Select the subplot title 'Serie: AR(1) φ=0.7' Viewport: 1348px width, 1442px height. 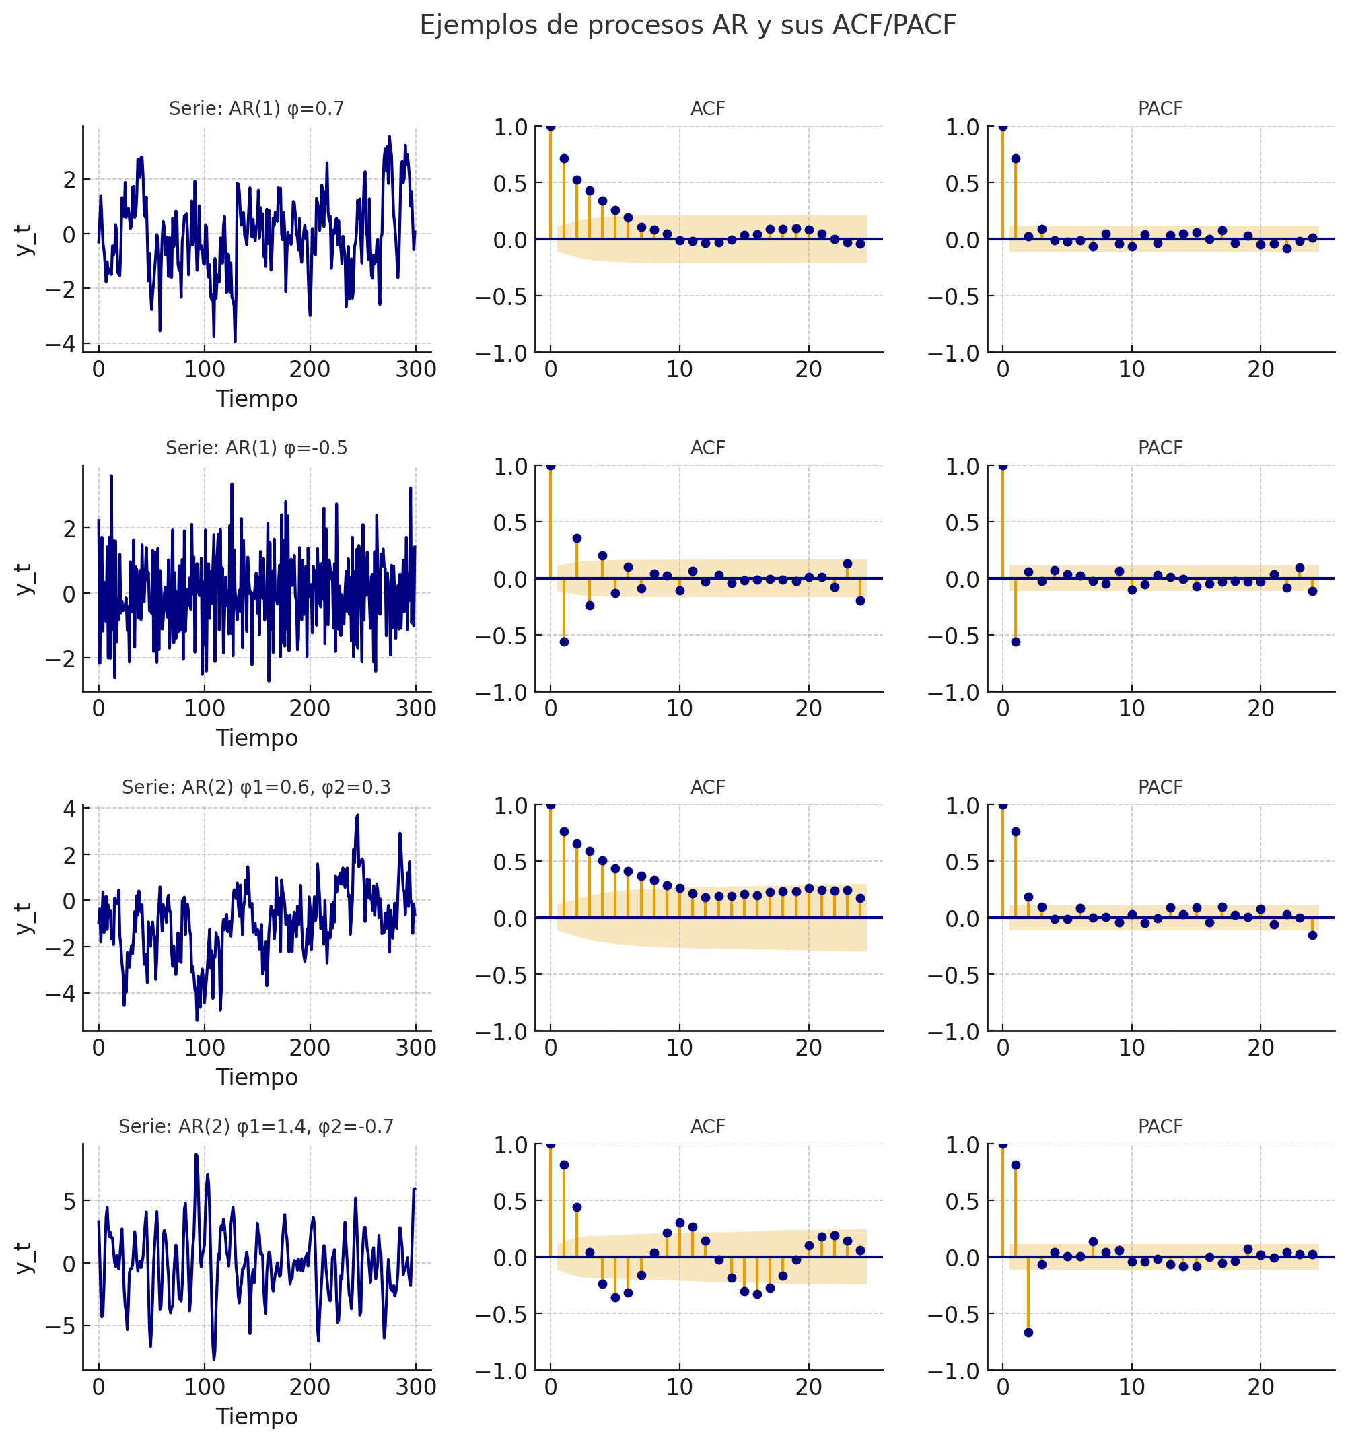[256, 109]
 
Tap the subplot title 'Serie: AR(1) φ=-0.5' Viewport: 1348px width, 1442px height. [256, 448]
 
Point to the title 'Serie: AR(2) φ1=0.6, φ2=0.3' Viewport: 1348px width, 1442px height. [256, 787]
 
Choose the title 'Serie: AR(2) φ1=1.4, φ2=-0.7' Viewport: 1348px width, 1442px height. [256, 1126]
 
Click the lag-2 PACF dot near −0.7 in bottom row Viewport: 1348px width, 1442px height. [1028, 1332]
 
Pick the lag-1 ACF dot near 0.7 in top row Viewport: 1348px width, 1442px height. [564, 158]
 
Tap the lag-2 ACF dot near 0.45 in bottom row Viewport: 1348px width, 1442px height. [577, 1208]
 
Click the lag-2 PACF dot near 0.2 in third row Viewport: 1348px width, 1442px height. [1028, 897]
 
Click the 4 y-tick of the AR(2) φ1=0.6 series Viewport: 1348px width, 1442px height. [69, 809]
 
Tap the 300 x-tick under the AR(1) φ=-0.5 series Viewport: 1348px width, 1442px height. [415, 709]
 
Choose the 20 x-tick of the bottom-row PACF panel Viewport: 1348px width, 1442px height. [1261, 1387]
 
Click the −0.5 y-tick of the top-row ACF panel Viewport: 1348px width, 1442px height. [501, 297]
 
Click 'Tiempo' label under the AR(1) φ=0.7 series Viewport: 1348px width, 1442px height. [256, 399]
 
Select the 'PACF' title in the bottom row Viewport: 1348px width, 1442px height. [1160, 1126]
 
